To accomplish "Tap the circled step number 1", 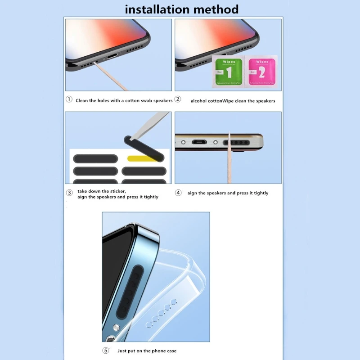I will pos(69,99).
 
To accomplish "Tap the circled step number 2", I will pos(178,99).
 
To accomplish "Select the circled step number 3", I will pos(69,193).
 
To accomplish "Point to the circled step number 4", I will pos(178,193).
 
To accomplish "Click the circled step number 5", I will pos(106,350).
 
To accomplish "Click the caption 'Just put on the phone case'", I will pos(147,351).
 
